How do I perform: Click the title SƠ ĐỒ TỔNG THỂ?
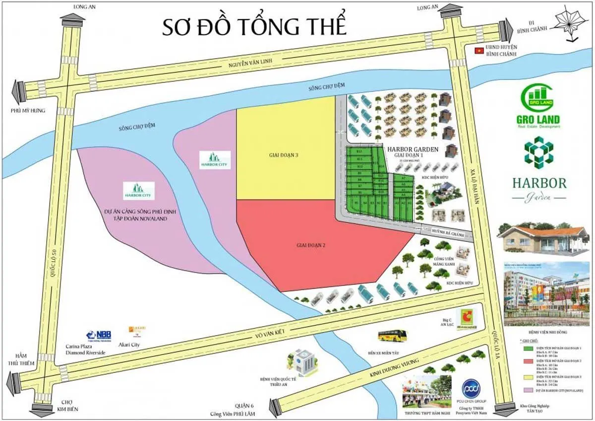254,27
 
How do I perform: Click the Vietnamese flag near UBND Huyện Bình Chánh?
478,50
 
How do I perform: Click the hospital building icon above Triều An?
301,362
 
